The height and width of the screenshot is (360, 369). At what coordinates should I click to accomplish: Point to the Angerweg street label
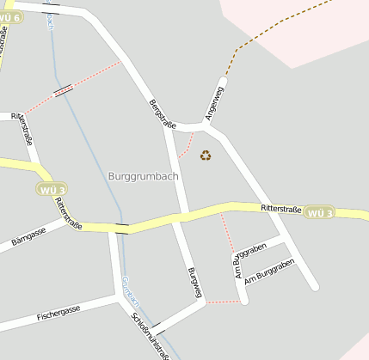(x=214, y=102)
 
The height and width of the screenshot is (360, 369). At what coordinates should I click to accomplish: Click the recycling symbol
(x=206, y=156)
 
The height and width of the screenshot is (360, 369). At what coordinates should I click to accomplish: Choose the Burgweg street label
(x=194, y=283)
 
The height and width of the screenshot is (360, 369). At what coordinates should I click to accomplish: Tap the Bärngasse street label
(x=28, y=238)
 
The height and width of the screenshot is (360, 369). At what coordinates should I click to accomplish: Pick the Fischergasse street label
(x=58, y=311)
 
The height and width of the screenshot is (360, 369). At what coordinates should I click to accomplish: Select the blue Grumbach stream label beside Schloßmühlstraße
(x=131, y=291)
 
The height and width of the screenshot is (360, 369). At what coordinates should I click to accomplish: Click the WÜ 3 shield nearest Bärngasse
(x=52, y=189)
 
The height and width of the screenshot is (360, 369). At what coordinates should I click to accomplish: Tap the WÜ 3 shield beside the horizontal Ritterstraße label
(x=319, y=212)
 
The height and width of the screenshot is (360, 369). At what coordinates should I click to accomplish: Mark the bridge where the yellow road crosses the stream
(x=122, y=229)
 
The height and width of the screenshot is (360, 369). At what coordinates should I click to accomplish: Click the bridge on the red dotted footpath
(x=64, y=89)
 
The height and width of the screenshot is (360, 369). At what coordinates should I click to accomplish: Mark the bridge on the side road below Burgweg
(x=157, y=326)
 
